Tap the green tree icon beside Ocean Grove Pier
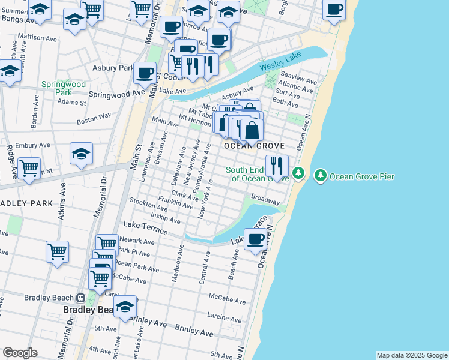321,175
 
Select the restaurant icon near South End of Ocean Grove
277,165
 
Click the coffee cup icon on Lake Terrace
256,238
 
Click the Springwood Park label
63,88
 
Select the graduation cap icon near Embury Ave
81,154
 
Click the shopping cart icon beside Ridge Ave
29,169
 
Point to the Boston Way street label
94,118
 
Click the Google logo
20,353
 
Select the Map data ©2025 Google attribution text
412,355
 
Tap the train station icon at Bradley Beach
80,298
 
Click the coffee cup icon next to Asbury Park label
145,73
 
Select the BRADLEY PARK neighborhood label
26,203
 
